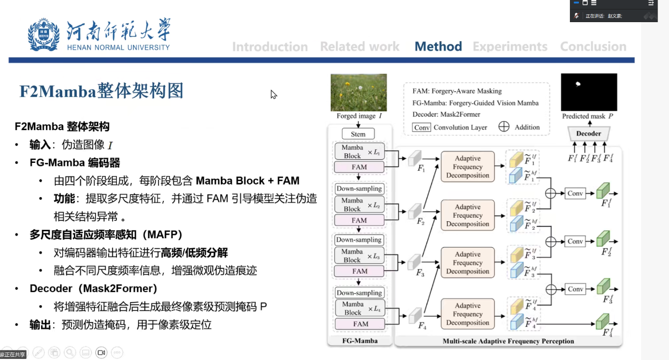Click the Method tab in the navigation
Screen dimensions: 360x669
click(x=438, y=46)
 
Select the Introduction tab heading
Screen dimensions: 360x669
click(x=270, y=47)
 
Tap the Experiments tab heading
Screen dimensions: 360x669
click(x=510, y=46)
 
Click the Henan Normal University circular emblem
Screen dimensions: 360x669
click(x=44, y=35)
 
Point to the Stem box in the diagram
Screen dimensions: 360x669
click(x=358, y=134)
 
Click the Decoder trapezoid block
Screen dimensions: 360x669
click(x=588, y=133)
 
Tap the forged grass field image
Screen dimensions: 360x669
click(x=359, y=92)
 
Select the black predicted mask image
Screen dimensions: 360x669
click(x=588, y=92)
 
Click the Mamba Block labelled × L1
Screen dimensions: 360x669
click(x=352, y=152)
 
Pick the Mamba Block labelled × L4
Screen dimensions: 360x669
click(x=352, y=308)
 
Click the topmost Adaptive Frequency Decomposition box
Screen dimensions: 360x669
click(x=468, y=167)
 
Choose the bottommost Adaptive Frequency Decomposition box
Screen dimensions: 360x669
click(x=468, y=314)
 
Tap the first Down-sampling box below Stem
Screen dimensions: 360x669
click(x=359, y=189)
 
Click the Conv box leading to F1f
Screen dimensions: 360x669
click(x=575, y=193)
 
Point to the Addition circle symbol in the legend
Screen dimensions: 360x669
click(x=504, y=127)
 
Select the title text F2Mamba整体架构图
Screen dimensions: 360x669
click(x=101, y=91)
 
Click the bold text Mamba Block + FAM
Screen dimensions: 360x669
click(x=248, y=181)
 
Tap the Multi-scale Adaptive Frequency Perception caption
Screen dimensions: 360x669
click(x=508, y=341)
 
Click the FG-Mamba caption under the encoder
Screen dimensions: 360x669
click(x=360, y=340)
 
